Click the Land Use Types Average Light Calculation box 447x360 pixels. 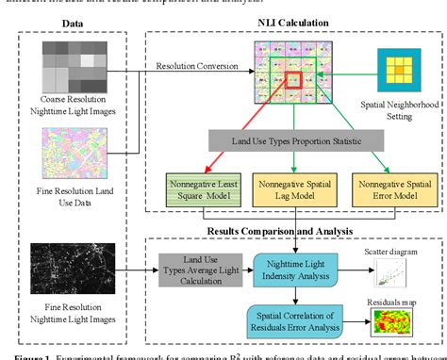[196, 273]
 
